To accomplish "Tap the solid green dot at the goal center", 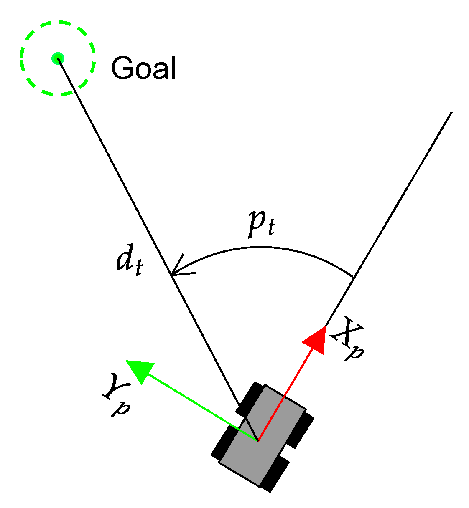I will coord(57,58).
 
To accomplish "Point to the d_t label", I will coord(129,263).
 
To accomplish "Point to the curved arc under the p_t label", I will coord(268,248).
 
